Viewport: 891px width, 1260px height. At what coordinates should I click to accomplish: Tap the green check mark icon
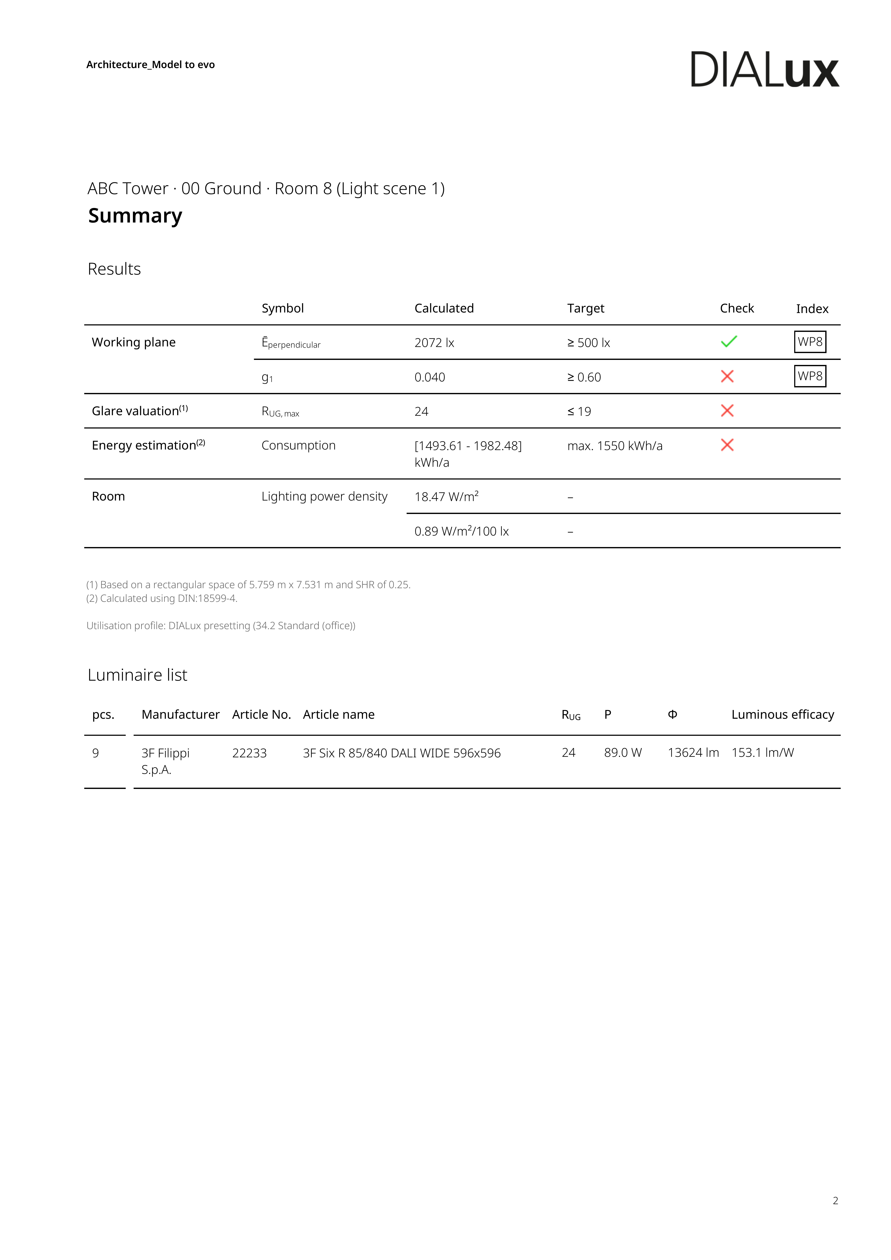pos(728,342)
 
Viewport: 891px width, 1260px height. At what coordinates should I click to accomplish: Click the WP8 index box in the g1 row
pos(810,376)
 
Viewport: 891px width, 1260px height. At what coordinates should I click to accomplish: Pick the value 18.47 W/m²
pos(446,497)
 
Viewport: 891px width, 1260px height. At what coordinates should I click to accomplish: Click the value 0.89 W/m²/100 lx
pos(461,531)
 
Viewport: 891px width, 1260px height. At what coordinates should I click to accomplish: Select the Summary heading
pos(135,216)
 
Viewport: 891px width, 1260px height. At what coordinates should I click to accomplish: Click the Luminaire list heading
pos(137,675)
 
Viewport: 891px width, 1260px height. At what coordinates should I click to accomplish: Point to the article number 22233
pos(249,753)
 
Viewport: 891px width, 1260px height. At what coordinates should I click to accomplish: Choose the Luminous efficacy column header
pos(782,715)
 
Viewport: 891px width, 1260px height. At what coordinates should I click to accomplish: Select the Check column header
pos(737,308)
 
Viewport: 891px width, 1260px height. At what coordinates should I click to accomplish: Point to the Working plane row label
pos(133,342)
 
